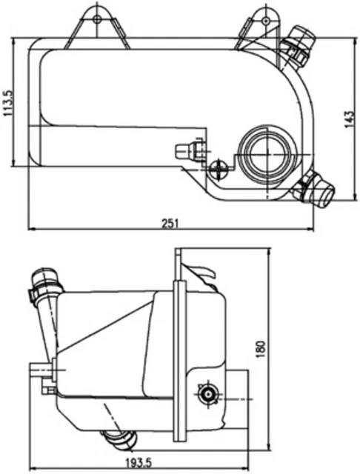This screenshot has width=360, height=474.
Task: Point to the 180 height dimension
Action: [x=259, y=348]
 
